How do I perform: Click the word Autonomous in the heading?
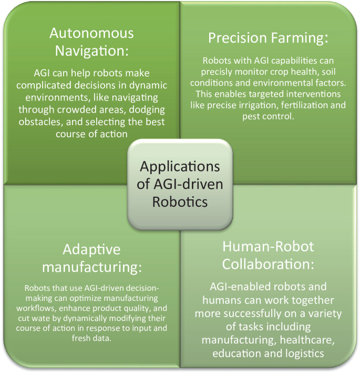point(91,33)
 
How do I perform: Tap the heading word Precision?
point(232,38)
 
